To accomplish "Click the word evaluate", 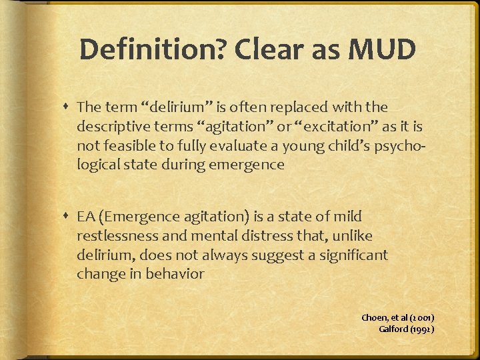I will (230, 145).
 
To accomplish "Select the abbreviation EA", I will (86, 216).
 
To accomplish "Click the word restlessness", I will (116, 235).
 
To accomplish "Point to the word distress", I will (266, 235).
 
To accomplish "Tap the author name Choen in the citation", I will (375, 318).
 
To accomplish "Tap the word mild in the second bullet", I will (347, 216).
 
